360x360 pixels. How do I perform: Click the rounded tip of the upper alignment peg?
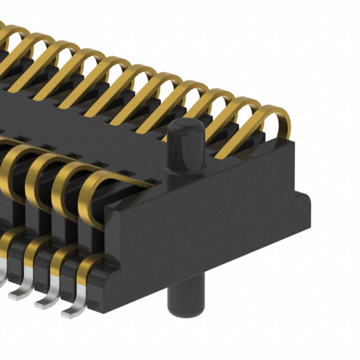[x=184, y=125]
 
